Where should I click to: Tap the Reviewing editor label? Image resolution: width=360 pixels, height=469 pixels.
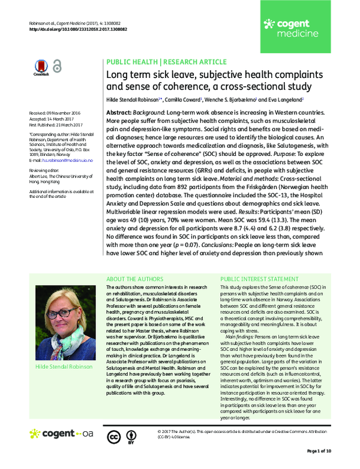point(45,170)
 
